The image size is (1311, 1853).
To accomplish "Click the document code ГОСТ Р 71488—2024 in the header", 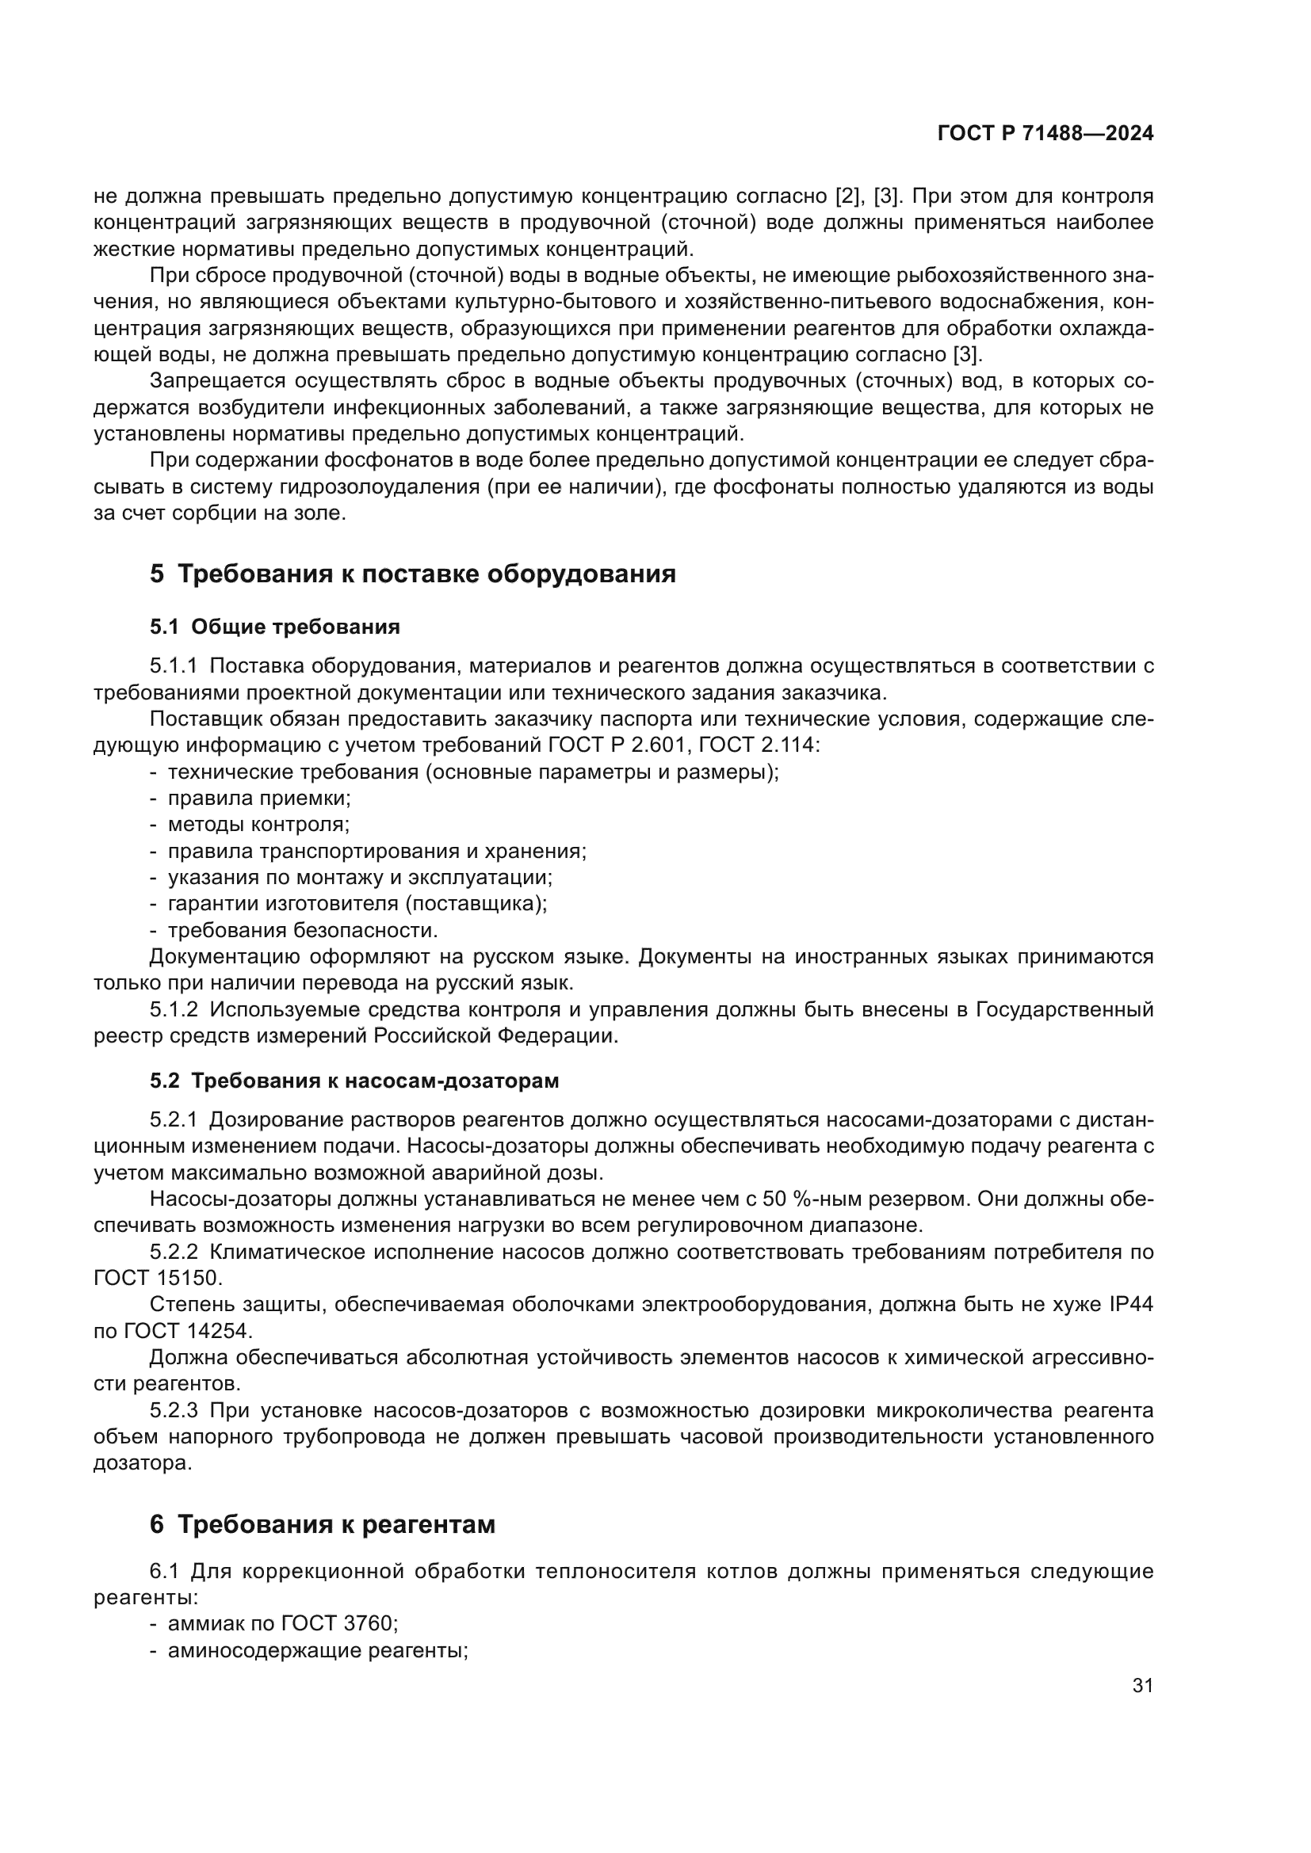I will click(1045, 134).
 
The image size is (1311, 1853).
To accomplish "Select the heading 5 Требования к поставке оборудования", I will click(412, 574).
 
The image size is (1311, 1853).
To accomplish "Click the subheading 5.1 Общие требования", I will click(274, 627).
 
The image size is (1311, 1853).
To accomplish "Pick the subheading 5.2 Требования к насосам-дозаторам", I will click(354, 1081).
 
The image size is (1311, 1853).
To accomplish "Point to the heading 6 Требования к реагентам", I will click(322, 1524).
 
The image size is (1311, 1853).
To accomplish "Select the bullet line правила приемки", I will click(258, 799).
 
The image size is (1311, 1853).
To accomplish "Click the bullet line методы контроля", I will click(258, 825).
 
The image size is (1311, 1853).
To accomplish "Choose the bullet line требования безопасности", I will click(302, 931).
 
